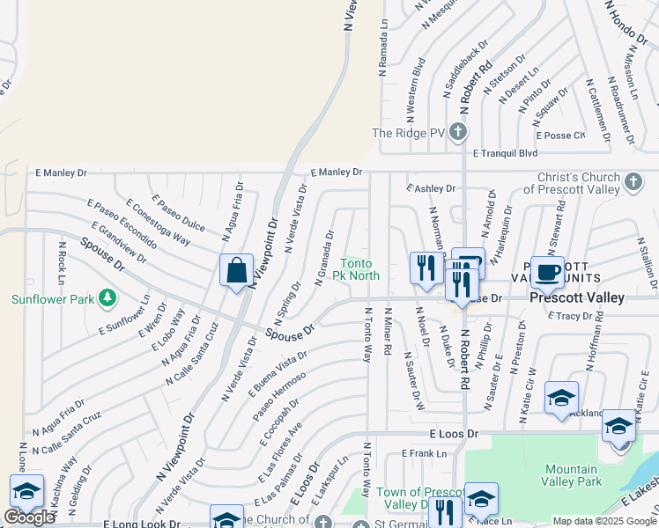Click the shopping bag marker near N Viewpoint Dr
(237, 271)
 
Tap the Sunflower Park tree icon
(107, 299)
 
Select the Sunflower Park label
(52, 299)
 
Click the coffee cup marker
(547, 271)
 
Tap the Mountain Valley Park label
(573, 475)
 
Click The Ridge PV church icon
(456, 133)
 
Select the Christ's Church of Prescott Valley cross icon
(633, 182)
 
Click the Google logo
(29, 517)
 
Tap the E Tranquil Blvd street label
(505, 153)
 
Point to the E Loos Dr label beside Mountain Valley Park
(454, 434)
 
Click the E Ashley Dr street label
(431, 188)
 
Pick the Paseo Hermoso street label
(279, 396)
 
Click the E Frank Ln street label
(425, 453)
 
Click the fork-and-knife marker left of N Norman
(425, 268)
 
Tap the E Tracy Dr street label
(574, 315)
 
